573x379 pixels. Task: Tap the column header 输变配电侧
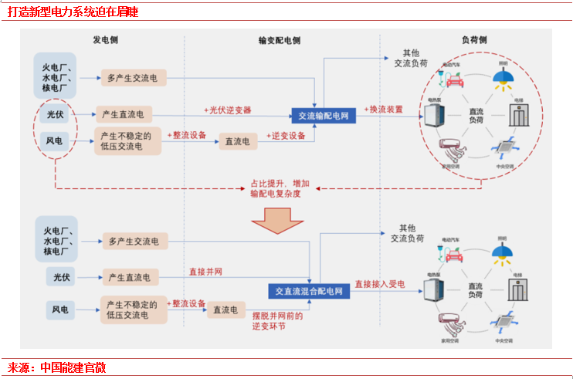click(x=280, y=40)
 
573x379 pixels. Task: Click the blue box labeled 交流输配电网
click(x=324, y=116)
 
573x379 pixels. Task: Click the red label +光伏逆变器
click(x=228, y=110)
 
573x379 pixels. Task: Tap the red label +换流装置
click(x=384, y=110)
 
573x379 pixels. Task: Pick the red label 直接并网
click(x=206, y=272)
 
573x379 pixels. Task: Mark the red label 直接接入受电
click(x=380, y=284)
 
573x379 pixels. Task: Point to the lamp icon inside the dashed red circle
click(x=503, y=78)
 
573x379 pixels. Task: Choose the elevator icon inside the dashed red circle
click(x=517, y=117)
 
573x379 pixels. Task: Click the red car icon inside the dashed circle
click(x=453, y=78)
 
